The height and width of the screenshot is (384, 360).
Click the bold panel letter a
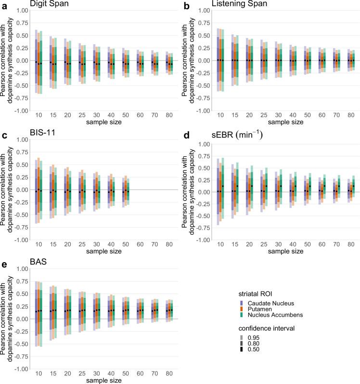coord(3,5)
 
